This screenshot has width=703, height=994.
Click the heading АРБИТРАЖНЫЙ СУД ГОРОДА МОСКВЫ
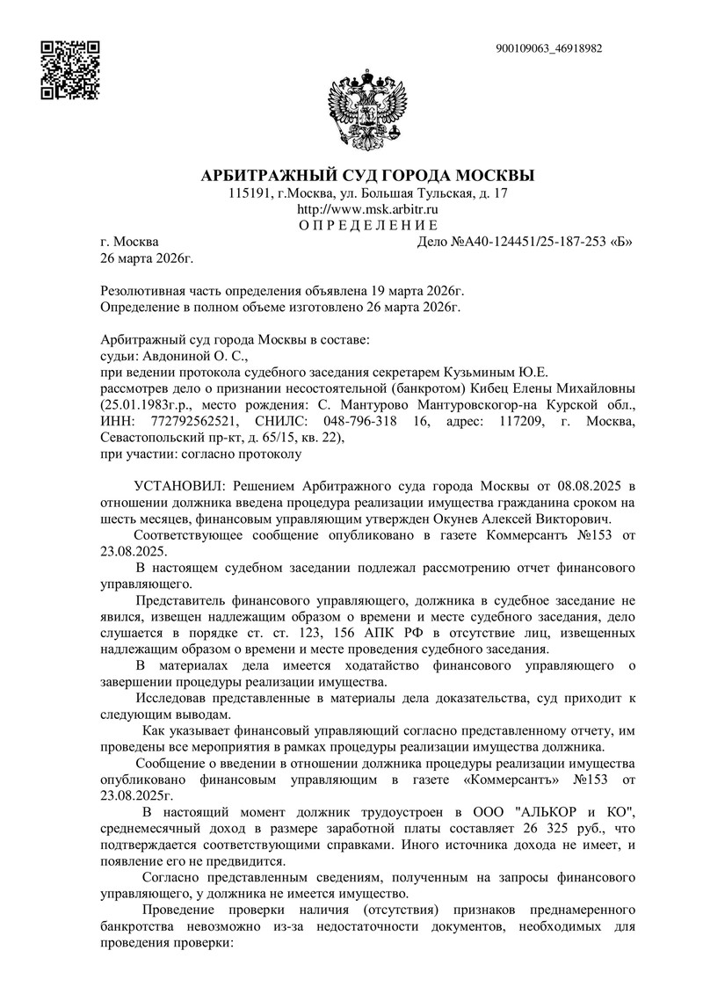[x=367, y=174]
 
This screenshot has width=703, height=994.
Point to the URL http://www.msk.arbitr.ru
[x=367, y=209]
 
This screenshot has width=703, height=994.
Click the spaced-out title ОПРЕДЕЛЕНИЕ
[x=367, y=226]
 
